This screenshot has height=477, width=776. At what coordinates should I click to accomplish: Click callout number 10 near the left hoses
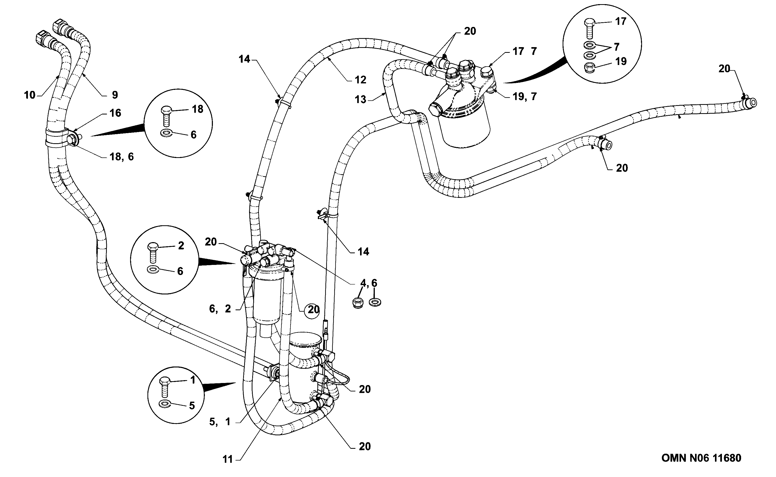coord(30,95)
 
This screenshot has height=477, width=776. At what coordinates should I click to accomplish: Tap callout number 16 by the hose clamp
coord(115,113)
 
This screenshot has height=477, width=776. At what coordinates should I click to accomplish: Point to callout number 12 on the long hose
coord(360,80)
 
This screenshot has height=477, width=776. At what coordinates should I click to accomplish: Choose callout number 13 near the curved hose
coord(360,100)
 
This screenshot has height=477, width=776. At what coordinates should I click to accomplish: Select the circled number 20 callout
coord(313,309)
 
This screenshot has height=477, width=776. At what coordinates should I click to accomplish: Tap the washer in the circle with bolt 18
coord(166,133)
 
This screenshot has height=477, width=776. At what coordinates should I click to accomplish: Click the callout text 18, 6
coord(122,156)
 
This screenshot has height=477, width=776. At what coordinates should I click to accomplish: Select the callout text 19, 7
coord(525,96)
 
